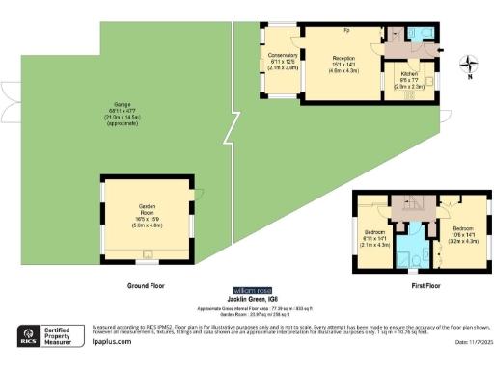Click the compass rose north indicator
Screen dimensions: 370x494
pyautogui.click(x=468, y=66)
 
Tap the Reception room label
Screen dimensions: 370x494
pyautogui.click(x=344, y=64)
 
